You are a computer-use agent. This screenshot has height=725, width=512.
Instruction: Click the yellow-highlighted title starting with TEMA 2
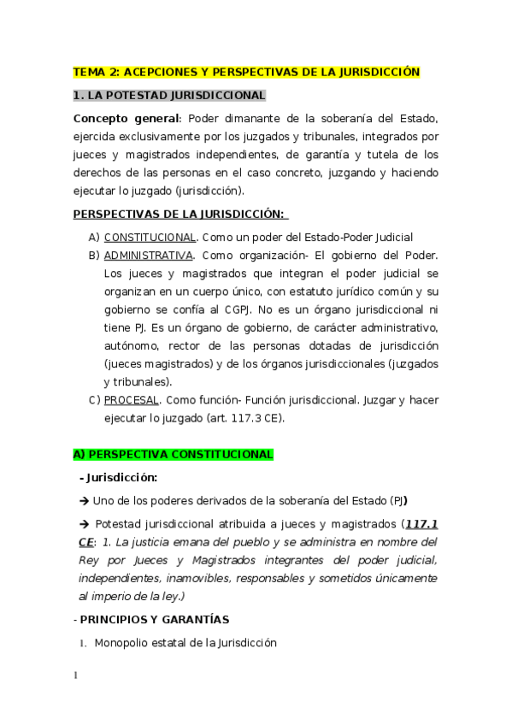(247, 72)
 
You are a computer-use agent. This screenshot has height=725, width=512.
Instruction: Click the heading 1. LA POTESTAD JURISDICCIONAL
(169, 95)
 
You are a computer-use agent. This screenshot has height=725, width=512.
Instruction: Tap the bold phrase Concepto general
(127, 118)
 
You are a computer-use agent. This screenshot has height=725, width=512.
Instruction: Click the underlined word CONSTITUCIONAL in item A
(150, 237)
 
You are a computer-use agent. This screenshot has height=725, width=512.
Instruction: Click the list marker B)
(94, 255)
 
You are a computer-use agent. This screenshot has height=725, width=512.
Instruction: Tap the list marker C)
(94, 399)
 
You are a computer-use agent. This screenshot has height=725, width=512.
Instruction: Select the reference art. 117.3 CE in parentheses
(248, 418)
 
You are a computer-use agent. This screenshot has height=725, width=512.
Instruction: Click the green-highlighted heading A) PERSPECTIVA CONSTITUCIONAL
(174, 454)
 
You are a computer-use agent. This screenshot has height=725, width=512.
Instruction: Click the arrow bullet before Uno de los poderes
(83, 499)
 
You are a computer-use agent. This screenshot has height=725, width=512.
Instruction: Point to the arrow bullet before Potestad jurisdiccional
(83, 522)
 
